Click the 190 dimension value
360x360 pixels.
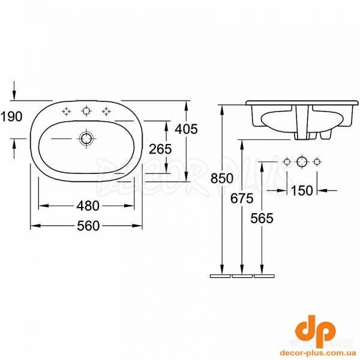coord(11,116)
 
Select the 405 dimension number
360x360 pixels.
coord(186,129)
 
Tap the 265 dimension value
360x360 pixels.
coord(160,149)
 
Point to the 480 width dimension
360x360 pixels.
coord(88,206)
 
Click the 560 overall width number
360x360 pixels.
coord(88,226)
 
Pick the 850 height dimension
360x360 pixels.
coord(222,178)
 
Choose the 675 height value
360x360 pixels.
coord(242,199)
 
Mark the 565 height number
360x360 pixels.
coord(262,218)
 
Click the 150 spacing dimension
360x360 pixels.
coord(302,191)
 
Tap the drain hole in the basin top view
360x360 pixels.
coord(86,139)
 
